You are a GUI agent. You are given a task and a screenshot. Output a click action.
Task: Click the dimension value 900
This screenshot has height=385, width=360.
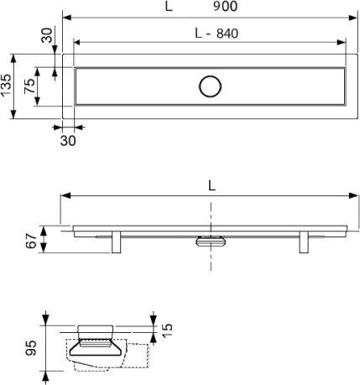coord(225,6)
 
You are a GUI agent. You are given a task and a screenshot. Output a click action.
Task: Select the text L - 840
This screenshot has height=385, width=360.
coord(217,34)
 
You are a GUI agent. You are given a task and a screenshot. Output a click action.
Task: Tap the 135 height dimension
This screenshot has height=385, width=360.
coord(6,86)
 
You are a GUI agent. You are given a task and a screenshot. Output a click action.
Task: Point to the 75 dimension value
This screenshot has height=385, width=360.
coord(29,86)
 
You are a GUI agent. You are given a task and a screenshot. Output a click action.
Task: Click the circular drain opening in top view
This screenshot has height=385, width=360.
coord(211,86)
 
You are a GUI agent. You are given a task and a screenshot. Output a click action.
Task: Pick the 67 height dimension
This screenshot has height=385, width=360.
coord(31,240)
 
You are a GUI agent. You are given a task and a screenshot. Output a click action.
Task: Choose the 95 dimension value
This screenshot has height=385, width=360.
coord(31,348)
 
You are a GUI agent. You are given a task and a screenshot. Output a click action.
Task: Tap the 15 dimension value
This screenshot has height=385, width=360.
coord(167,330)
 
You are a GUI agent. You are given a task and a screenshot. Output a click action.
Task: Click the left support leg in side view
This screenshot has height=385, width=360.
coord(116,242)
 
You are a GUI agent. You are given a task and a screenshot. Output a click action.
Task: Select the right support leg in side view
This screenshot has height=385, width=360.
coord(304,242)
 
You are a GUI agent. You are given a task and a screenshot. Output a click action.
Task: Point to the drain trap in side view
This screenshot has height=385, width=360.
coord(211,242)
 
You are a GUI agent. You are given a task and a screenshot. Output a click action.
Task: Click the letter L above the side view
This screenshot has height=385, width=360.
coord(212,185)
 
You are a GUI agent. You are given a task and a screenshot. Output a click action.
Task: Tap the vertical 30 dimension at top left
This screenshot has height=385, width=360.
coord(47,35)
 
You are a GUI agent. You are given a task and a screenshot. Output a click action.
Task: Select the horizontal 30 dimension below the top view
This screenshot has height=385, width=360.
coord(68,141)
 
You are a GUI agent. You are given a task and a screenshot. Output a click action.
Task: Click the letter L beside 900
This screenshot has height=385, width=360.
coord(169,7)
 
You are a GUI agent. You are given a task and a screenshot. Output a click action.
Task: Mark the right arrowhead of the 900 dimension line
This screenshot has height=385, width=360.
coord(353,18)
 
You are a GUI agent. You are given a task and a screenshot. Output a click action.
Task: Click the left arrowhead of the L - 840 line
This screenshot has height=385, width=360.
coord(77,43)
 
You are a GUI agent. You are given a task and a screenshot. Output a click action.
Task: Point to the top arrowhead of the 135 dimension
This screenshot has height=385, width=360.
coord(13,58)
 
